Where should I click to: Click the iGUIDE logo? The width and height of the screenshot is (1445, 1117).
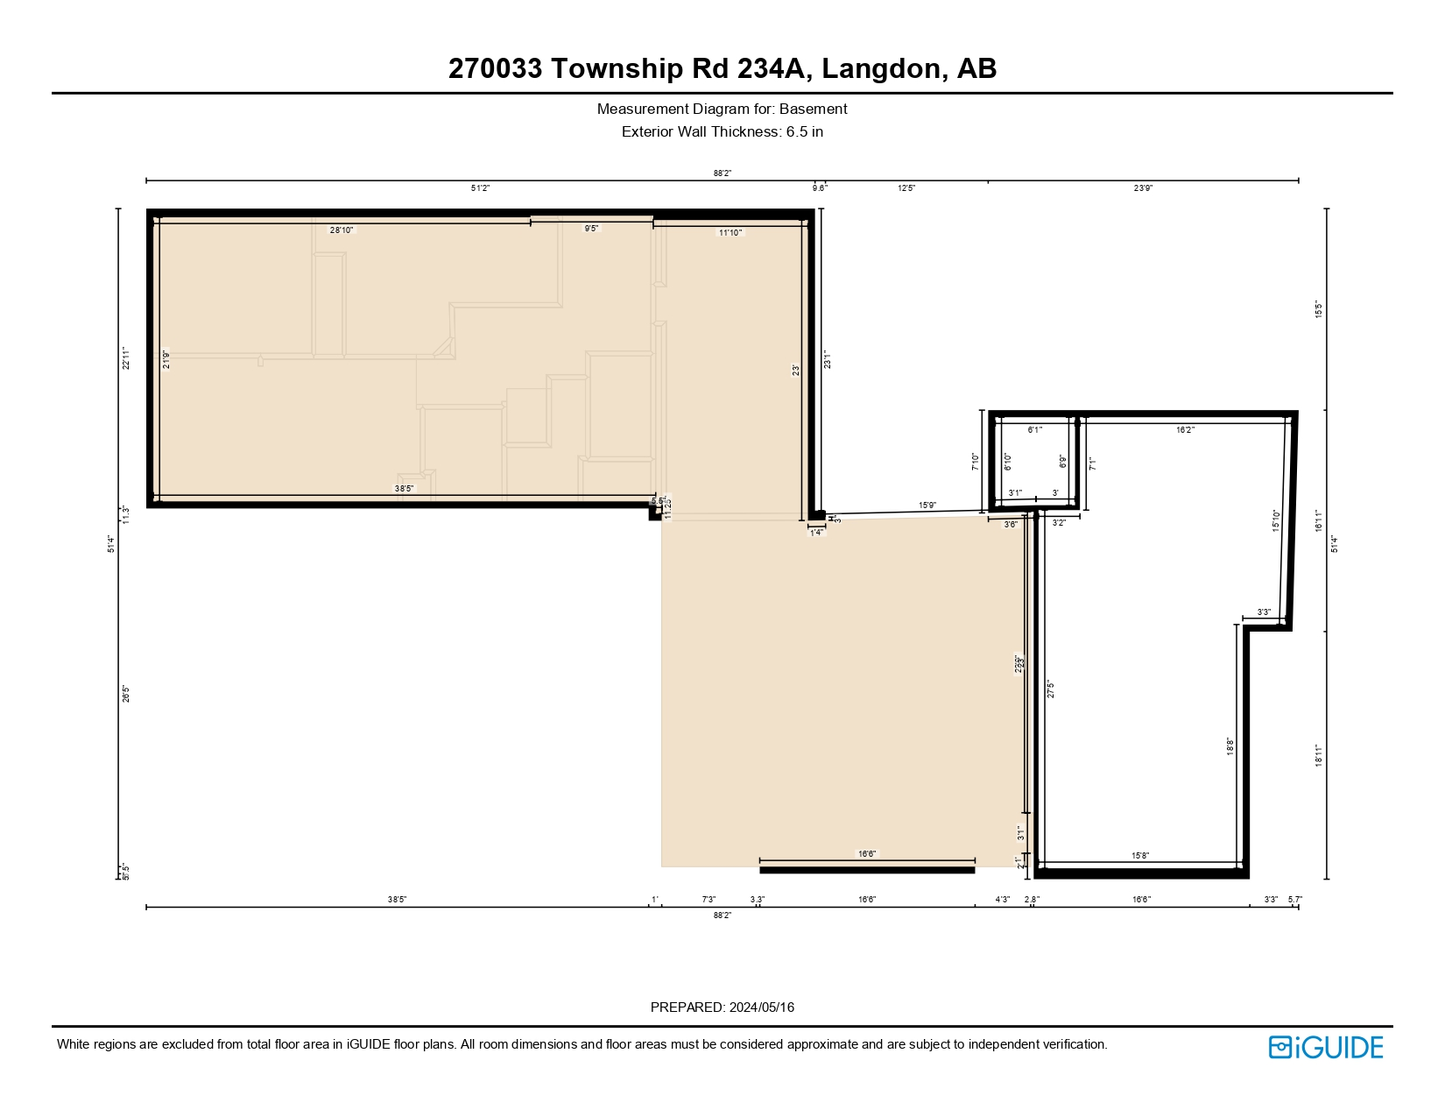[x=1326, y=1047]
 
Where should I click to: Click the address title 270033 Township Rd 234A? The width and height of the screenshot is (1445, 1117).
[x=722, y=68]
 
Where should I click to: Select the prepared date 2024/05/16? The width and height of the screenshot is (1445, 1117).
[x=761, y=1007]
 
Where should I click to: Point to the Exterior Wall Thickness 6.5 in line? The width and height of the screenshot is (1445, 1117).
[x=722, y=132]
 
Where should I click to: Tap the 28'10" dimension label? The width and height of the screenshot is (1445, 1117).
[x=342, y=230]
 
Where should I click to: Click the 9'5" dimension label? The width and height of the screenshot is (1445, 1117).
[x=592, y=229]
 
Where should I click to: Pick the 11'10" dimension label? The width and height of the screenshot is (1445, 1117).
[x=730, y=233]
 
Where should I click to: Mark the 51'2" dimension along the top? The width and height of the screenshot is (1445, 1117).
[x=480, y=188]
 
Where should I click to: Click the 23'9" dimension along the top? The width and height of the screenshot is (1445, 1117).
[x=1143, y=188]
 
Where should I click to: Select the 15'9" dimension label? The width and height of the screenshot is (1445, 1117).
[x=927, y=505]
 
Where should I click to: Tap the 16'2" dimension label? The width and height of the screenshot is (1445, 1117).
[x=1185, y=430]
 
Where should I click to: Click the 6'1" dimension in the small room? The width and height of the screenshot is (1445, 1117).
[x=1034, y=430]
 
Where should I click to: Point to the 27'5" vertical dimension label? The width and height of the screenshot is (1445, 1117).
[x=1051, y=689]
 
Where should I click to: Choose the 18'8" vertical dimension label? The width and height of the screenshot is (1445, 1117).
[x=1230, y=746]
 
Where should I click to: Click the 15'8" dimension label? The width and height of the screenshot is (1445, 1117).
[x=1139, y=856]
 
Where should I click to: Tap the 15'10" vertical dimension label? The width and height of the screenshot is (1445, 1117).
[x=1276, y=521]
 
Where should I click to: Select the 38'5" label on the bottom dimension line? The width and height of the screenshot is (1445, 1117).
[x=397, y=900]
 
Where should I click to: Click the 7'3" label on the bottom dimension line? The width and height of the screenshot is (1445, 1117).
[x=708, y=900]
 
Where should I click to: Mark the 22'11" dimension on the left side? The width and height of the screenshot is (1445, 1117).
[x=126, y=358]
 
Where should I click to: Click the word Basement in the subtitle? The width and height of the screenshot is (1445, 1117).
[x=814, y=110]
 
